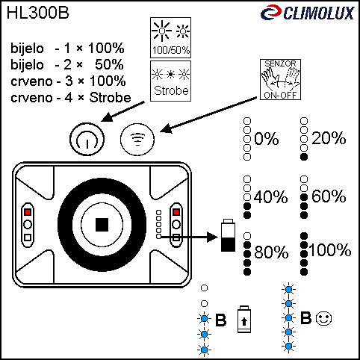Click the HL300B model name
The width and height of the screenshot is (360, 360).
tap(38, 13)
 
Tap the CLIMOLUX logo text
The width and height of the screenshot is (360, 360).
tap(319, 13)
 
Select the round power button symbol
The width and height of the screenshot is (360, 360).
tap(87, 139)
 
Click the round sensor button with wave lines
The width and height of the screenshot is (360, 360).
tap(137, 139)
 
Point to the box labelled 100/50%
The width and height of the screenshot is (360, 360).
tap(170, 37)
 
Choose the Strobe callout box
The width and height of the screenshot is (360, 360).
tap(170, 81)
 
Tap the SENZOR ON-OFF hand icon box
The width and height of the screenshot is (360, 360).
tap(280, 80)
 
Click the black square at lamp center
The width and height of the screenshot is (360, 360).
tap(102, 225)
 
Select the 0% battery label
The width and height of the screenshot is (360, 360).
tap(267, 139)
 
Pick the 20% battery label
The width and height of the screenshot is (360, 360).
tap(329, 138)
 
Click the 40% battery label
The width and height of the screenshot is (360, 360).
tap(271, 197)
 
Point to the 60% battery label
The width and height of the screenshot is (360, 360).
tap(329, 196)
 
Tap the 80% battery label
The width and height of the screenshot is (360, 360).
tap(271, 252)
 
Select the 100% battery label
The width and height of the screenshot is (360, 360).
tap(330, 250)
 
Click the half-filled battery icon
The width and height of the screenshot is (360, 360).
tap(228, 235)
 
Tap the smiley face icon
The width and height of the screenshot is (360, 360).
tap(323, 318)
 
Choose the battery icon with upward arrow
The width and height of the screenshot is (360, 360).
tap(244, 319)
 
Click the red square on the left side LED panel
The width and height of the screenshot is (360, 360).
tap(28, 212)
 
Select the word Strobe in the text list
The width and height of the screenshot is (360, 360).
tap(111, 98)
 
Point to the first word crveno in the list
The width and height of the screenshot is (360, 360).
tap(31, 81)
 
